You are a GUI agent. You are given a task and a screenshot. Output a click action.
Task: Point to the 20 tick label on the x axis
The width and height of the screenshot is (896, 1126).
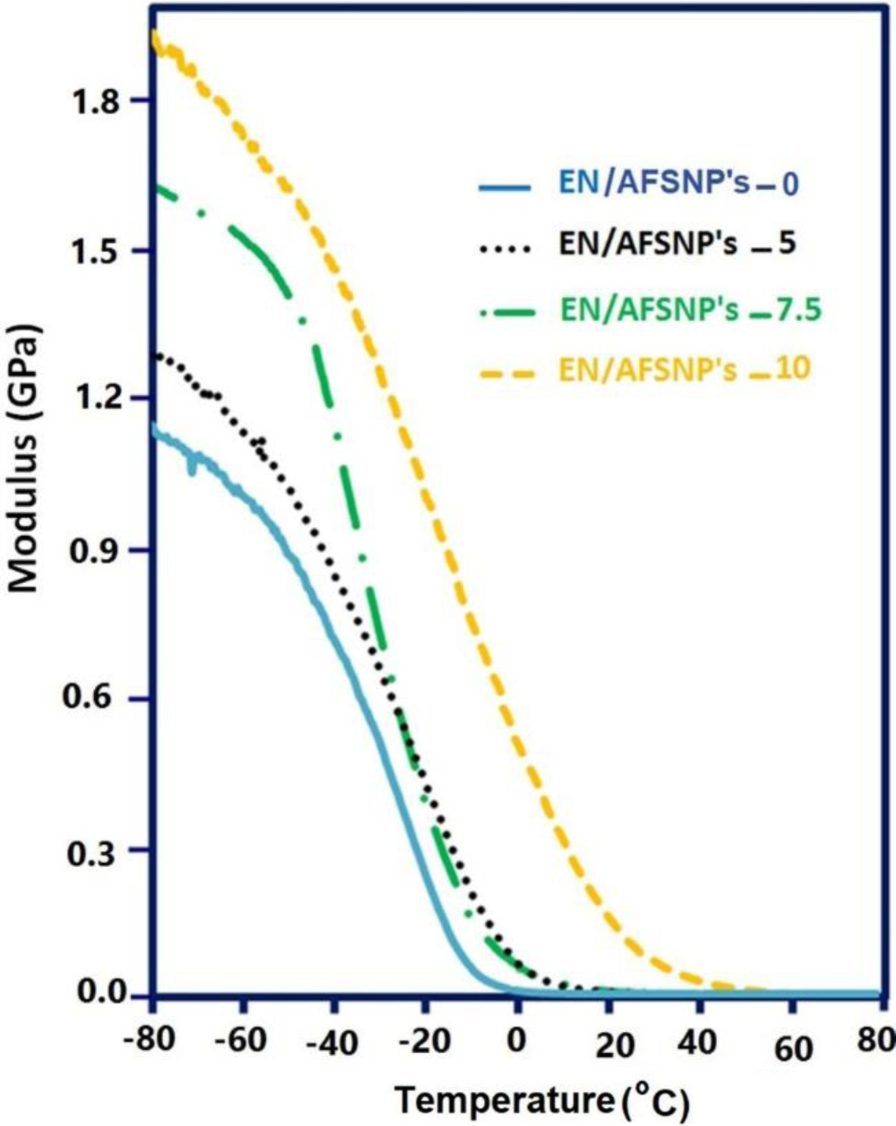(x=615, y=1046)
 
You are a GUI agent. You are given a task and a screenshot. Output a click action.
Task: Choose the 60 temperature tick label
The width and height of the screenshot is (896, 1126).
(x=793, y=1047)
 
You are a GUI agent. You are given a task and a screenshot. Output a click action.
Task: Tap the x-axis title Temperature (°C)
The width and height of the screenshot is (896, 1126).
(x=542, y=1102)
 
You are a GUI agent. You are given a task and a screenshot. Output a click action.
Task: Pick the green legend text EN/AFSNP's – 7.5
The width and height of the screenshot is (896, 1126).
(x=690, y=310)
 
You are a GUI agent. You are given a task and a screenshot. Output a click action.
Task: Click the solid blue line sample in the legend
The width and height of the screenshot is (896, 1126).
(x=504, y=187)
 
